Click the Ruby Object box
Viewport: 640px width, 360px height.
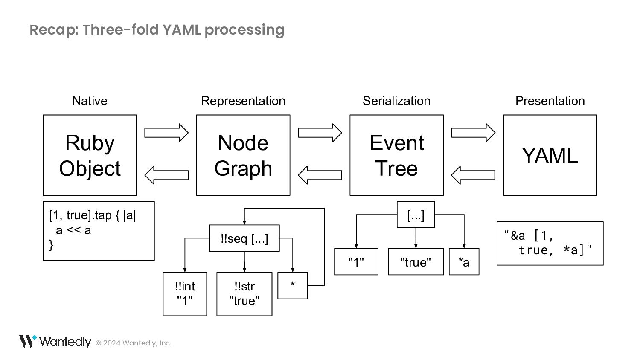pos(90,155)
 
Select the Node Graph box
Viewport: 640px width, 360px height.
pos(243,155)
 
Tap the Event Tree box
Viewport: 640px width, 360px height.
pos(396,155)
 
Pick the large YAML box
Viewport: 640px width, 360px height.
pos(550,155)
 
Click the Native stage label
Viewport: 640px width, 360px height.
pos(90,101)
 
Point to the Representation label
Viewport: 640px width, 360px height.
pos(243,101)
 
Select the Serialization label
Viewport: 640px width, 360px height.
pos(396,101)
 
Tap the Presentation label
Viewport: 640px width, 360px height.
pos(550,101)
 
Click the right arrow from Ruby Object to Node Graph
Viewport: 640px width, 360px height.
pos(166,133)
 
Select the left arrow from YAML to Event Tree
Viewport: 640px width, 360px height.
pos(473,175)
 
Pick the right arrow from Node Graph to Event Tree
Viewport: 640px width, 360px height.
pos(320,133)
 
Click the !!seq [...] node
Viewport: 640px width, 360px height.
pos(244,238)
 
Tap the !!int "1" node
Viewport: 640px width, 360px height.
pos(185,294)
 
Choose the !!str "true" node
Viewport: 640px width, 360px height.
pos(244,294)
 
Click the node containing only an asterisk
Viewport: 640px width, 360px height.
pos(293,285)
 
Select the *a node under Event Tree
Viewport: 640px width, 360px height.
pos(464,262)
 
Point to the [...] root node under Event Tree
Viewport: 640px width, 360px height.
pos(416,215)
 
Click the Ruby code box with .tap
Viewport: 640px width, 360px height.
pos(99,231)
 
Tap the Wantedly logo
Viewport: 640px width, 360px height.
pos(55,341)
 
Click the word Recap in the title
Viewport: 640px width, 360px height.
pos(54,30)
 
